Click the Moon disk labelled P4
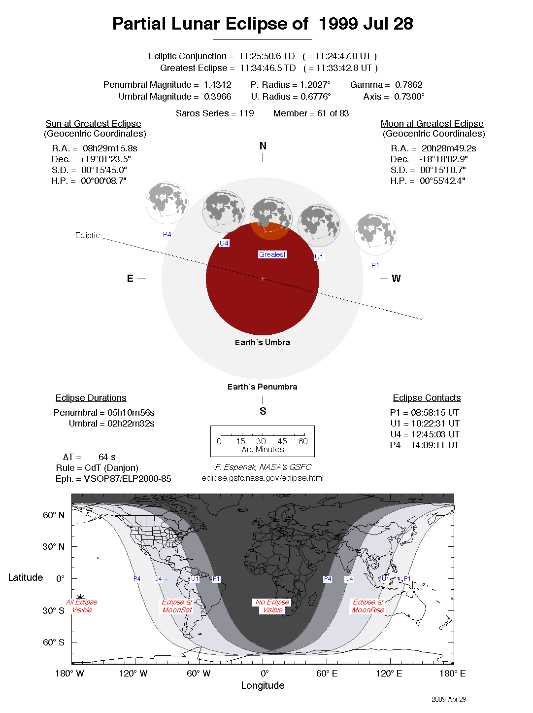pyautogui.click(x=167, y=203)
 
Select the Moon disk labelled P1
pyautogui.click(x=375, y=234)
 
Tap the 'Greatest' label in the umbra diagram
pyautogui.click(x=272, y=254)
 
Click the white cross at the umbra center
pyautogui.click(x=263, y=279)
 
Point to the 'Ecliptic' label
pyautogui.click(x=87, y=235)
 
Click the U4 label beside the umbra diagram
pyautogui.click(x=224, y=243)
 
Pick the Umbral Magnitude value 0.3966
pyautogui.click(x=217, y=97)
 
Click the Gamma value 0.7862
pyautogui.click(x=408, y=85)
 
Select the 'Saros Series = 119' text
pyautogui.click(x=215, y=113)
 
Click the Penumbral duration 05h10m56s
pyautogui.click(x=131, y=413)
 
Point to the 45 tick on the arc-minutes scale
pyautogui.click(x=282, y=441)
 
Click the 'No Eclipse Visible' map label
pyautogui.click(x=272, y=606)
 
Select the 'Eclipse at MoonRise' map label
pyautogui.click(x=368, y=606)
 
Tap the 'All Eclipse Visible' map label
pyautogui.click(x=82, y=606)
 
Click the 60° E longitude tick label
pyautogui.click(x=327, y=674)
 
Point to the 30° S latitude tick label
pyautogui.click(x=53, y=610)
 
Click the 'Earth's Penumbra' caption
pyautogui.click(x=262, y=387)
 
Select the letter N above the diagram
pyautogui.click(x=263, y=146)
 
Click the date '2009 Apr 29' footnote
pyautogui.click(x=448, y=699)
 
